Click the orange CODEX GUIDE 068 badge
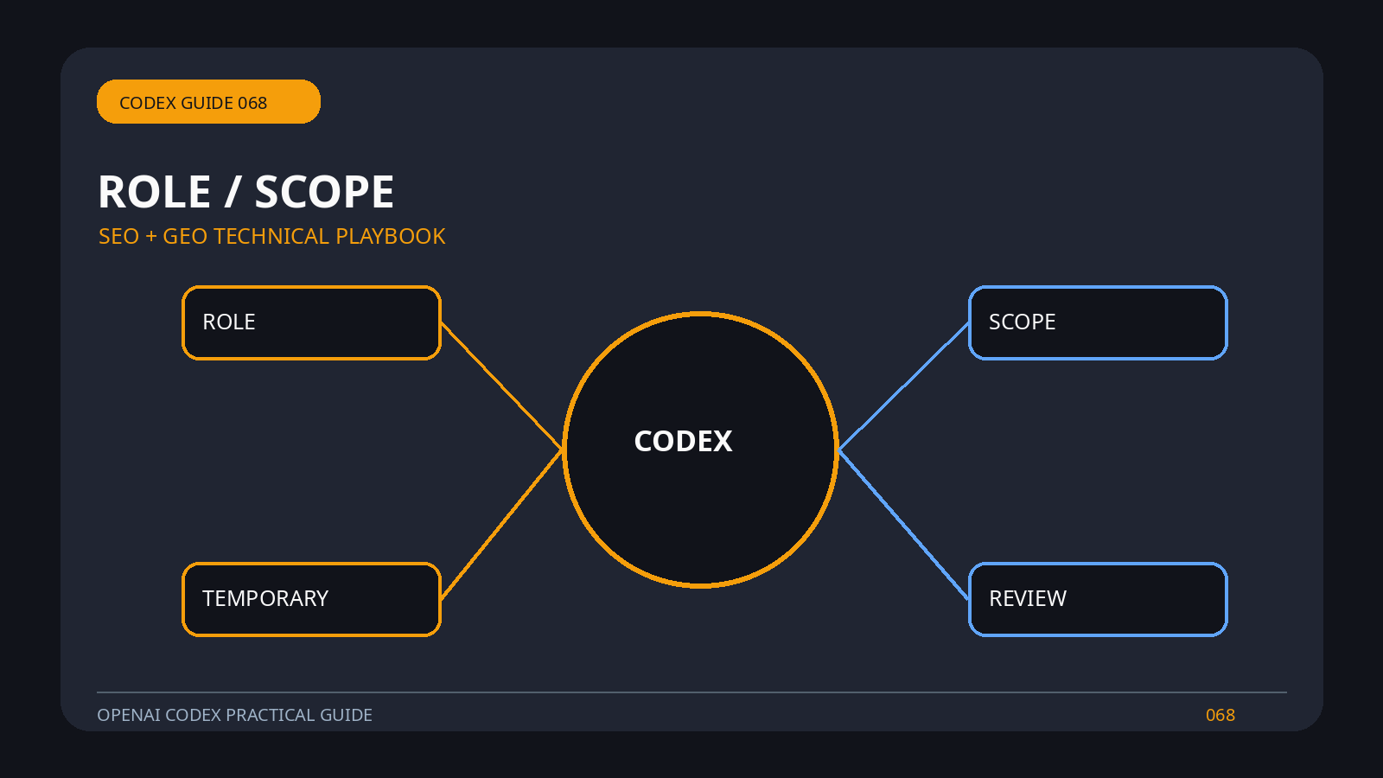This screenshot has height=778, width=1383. coord(208,102)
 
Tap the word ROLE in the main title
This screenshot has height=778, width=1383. coord(155,191)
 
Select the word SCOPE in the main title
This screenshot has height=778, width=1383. coord(324,191)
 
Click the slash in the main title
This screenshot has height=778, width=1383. coord(233,191)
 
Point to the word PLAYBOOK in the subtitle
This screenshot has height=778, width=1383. coord(390,237)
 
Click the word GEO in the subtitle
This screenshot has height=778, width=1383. coord(185,237)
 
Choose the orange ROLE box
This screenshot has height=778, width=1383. coord(312,322)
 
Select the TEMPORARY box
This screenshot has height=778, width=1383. coord(312,599)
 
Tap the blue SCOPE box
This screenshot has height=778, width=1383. coord(1098,322)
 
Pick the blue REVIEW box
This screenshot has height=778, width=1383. coord(1098,599)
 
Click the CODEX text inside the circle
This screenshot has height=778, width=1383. coord(683,442)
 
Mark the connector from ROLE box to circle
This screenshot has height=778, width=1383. coord(502,386)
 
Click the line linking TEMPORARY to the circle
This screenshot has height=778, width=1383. coord(502,524)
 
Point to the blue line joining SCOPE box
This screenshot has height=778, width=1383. coord(903,386)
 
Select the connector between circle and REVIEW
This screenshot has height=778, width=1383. coord(903,524)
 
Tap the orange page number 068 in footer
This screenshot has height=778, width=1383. coord(1220,715)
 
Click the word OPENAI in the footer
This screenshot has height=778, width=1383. coord(129,715)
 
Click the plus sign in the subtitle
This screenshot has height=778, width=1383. coord(150,237)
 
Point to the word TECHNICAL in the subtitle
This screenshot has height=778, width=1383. coord(271,237)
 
